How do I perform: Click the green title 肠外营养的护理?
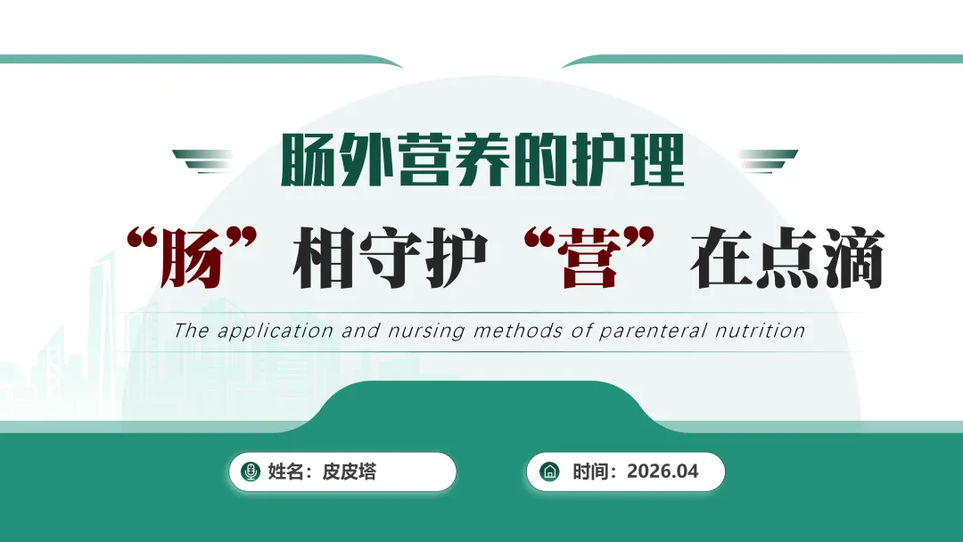[482, 160]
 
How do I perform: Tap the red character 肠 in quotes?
[191, 258]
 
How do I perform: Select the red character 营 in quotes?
[589, 258]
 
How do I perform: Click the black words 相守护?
[390, 258]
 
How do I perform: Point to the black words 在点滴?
[787, 258]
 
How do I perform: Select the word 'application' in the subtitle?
[276, 332]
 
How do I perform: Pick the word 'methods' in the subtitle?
[518, 331]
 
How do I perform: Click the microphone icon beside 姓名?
[250, 472]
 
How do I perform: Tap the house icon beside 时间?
[549, 472]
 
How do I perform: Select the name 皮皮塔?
[349, 472]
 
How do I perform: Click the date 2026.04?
[663, 472]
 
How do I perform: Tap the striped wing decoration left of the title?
[202, 160]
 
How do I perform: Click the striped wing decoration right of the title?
[767, 160]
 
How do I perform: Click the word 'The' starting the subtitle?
[191, 331]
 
